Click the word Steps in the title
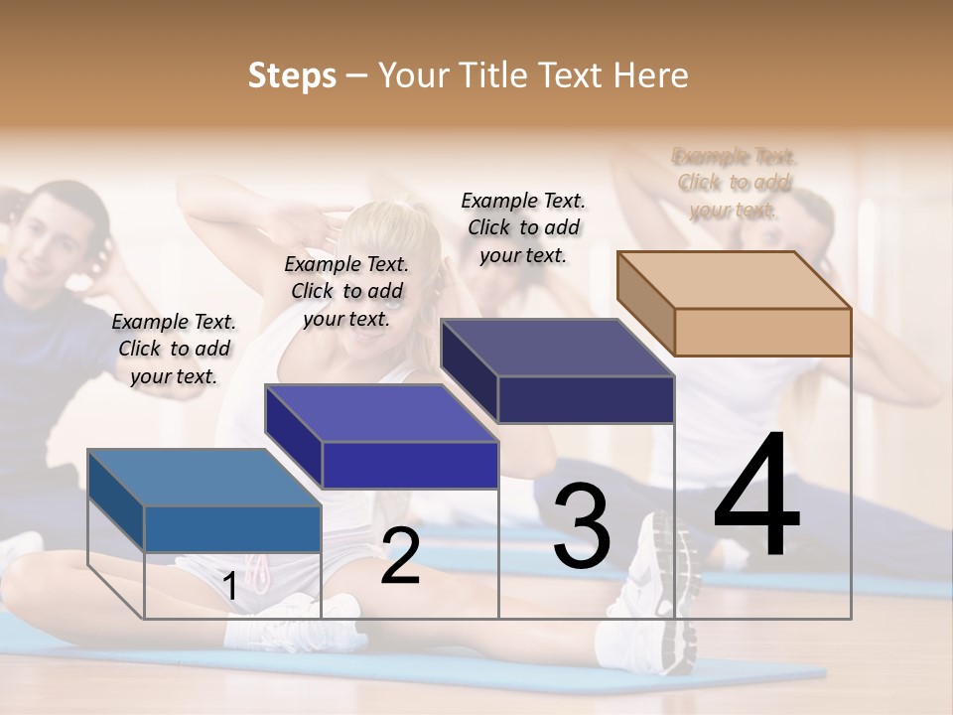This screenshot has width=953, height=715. tap(292, 75)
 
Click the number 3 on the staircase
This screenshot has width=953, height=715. tap(581, 525)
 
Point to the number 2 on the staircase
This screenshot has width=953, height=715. tap(400, 556)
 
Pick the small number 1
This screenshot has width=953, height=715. tap(229, 586)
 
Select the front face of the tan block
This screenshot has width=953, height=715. tap(762, 332)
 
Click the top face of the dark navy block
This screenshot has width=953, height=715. tap(557, 348)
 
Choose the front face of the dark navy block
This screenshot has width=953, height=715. tap(586, 399)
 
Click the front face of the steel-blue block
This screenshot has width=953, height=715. tap(232, 528)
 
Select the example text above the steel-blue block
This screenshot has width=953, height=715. tap(174, 349)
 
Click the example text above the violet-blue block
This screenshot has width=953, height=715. tap(346, 291)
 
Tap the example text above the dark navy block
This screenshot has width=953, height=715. tap(523, 227)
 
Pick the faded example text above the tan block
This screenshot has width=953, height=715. tap(735, 183)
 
